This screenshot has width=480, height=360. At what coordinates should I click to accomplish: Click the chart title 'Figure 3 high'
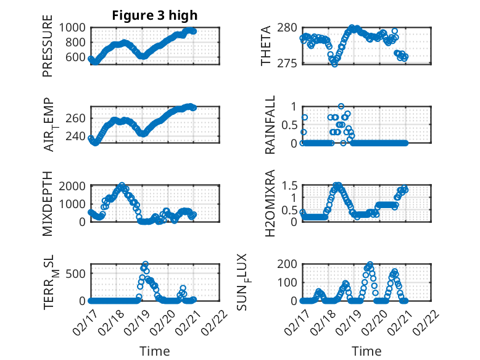[155, 15]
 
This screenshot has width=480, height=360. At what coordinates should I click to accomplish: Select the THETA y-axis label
[266, 45]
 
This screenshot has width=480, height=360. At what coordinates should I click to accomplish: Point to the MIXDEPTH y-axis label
[48, 203]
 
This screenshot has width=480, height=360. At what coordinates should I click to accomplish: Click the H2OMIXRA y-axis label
[270, 203]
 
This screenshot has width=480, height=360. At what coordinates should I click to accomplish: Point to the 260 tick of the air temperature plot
[78, 118]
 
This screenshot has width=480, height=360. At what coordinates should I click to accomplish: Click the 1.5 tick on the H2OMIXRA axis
[289, 186]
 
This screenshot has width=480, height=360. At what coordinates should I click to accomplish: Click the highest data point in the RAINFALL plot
[341, 106]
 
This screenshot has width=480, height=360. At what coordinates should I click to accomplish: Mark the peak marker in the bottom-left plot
[146, 264]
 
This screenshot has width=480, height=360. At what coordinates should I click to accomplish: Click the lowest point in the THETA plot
[334, 64]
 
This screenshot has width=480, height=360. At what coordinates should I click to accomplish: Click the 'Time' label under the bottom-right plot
[366, 351]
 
